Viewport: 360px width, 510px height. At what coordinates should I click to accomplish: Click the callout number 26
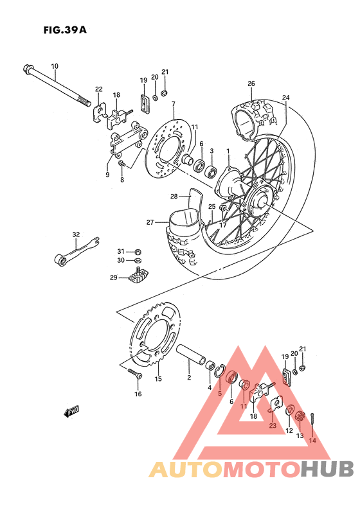click(251, 84)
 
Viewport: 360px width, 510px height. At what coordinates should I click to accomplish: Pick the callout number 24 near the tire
click(285, 98)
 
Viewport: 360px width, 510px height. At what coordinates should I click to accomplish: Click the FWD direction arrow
click(71, 412)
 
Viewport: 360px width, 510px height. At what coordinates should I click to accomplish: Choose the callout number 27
click(149, 222)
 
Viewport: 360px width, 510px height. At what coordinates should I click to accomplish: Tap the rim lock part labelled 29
click(139, 277)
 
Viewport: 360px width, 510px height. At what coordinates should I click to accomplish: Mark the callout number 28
click(174, 196)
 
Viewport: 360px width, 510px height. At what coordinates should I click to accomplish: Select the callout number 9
click(107, 173)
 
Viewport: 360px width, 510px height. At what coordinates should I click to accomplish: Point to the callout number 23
click(273, 425)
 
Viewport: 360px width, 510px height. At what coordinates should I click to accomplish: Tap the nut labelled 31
click(138, 251)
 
